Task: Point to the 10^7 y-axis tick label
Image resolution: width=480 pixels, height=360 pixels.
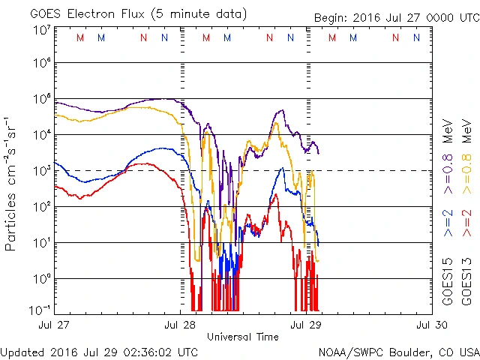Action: click(x=41, y=30)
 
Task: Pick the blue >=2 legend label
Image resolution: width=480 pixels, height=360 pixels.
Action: click(x=448, y=224)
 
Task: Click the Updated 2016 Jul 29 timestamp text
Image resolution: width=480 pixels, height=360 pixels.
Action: click(x=100, y=351)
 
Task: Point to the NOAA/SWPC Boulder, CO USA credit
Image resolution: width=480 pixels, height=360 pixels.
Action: click(x=398, y=351)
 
